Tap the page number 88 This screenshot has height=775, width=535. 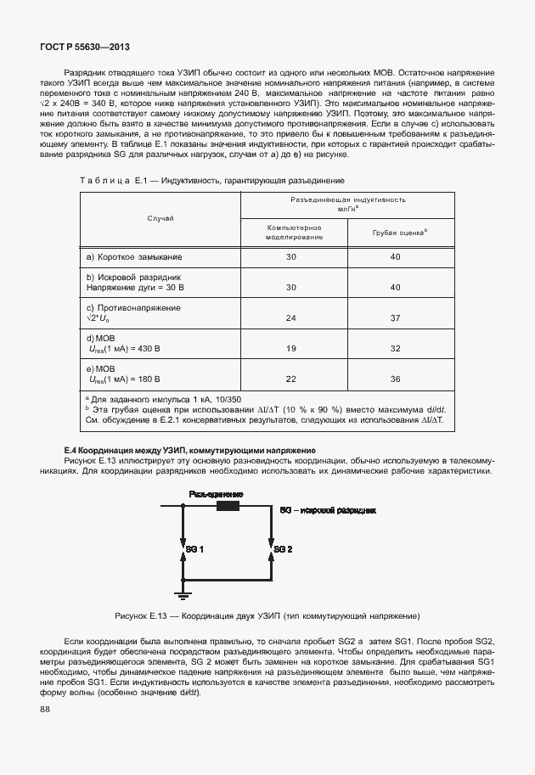pyautogui.click(x=46, y=710)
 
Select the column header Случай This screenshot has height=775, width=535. pyautogui.click(x=160, y=218)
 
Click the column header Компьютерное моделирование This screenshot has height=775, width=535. pyautogui.click(x=293, y=233)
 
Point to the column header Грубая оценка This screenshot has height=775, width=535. pyautogui.click(x=399, y=232)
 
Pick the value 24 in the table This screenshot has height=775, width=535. pyautogui.click(x=291, y=318)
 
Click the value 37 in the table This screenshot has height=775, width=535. pyautogui.click(x=395, y=318)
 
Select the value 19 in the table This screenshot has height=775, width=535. pyautogui.click(x=291, y=349)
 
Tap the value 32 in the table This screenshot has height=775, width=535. pyautogui.click(x=395, y=349)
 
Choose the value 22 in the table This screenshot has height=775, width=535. pyautogui.click(x=291, y=379)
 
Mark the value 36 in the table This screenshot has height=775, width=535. pyautogui.click(x=395, y=379)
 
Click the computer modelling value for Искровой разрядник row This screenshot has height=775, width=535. pyautogui.click(x=291, y=288)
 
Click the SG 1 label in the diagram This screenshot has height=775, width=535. pyautogui.click(x=194, y=550)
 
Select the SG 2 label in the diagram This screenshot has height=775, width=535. pyautogui.click(x=283, y=550)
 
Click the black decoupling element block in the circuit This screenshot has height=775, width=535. pyautogui.click(x=228, y=508)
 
